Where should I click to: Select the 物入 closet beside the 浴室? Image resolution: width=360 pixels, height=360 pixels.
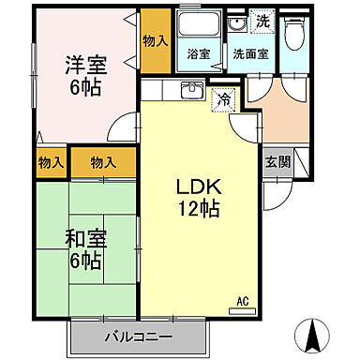coord(155,42)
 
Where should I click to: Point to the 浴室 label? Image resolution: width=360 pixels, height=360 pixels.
coord(199,54)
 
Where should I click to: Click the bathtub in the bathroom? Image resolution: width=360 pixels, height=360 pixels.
coord(199,28)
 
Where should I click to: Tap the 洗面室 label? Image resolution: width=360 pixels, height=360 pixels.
coord(251,54)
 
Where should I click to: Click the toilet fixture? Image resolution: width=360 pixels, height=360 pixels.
coord(297,35)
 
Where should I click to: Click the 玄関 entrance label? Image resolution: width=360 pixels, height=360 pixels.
coord(276,161)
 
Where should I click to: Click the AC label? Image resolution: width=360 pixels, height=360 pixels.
coord(242,302)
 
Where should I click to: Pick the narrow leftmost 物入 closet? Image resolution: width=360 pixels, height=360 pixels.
coord(50,163)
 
